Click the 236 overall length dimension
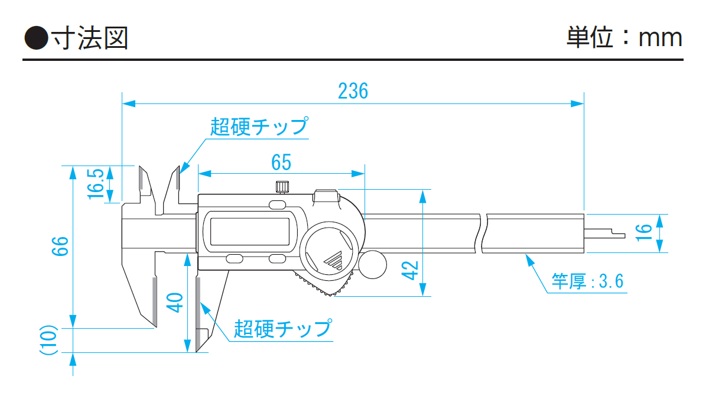(353, 91)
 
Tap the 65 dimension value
(281, 161)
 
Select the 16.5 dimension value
(97, 184)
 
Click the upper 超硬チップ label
(259, 127)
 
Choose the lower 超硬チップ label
(282, 328)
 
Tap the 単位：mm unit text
(624, 37)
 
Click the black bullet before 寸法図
(35, 38)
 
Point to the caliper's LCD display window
(250, 232)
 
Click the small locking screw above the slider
(282, 187)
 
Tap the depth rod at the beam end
(605, 234)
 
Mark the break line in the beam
(481, 233)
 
